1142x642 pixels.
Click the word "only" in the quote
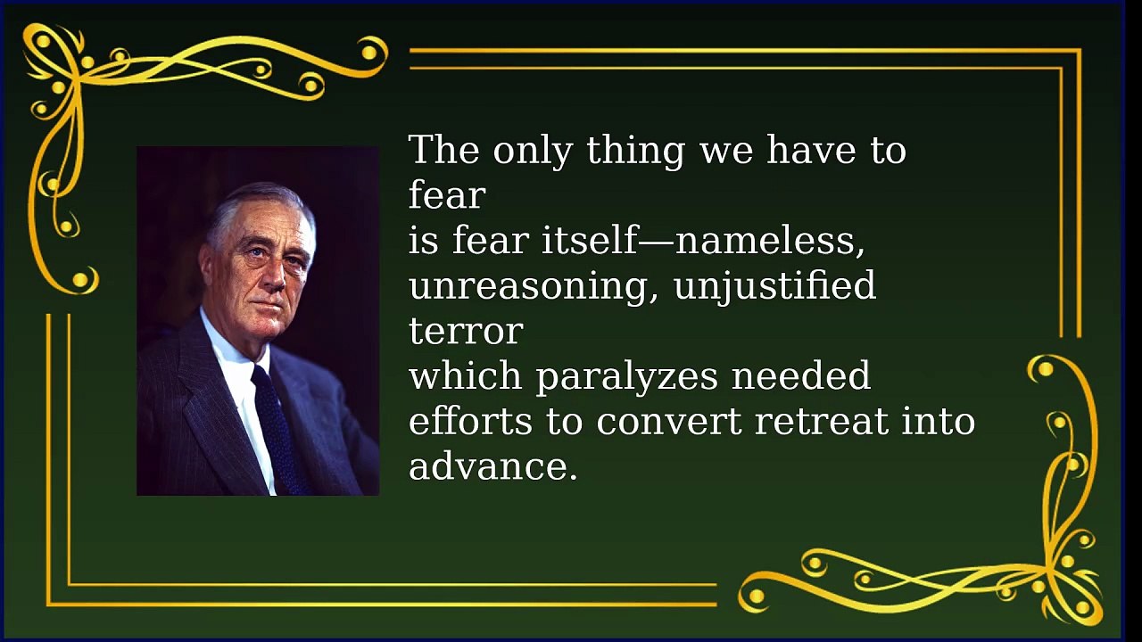[x=533, y=152]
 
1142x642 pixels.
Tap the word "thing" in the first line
[x=635, y=152]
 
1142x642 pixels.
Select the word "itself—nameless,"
[x=703, y=240]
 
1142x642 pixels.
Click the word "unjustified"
[x=775, y=286]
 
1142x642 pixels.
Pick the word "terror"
[x=466, y=331]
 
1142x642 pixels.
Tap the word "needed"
[x=801, y=375]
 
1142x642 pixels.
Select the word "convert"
[x=669, y=423]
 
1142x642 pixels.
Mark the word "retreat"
[x=821, y=423]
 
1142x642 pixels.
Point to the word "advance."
[x=493, y=466]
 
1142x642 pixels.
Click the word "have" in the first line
[x=811, y=151]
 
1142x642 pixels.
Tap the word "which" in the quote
[x=465, y=375]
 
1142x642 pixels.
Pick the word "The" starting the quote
[x=444, y=151]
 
